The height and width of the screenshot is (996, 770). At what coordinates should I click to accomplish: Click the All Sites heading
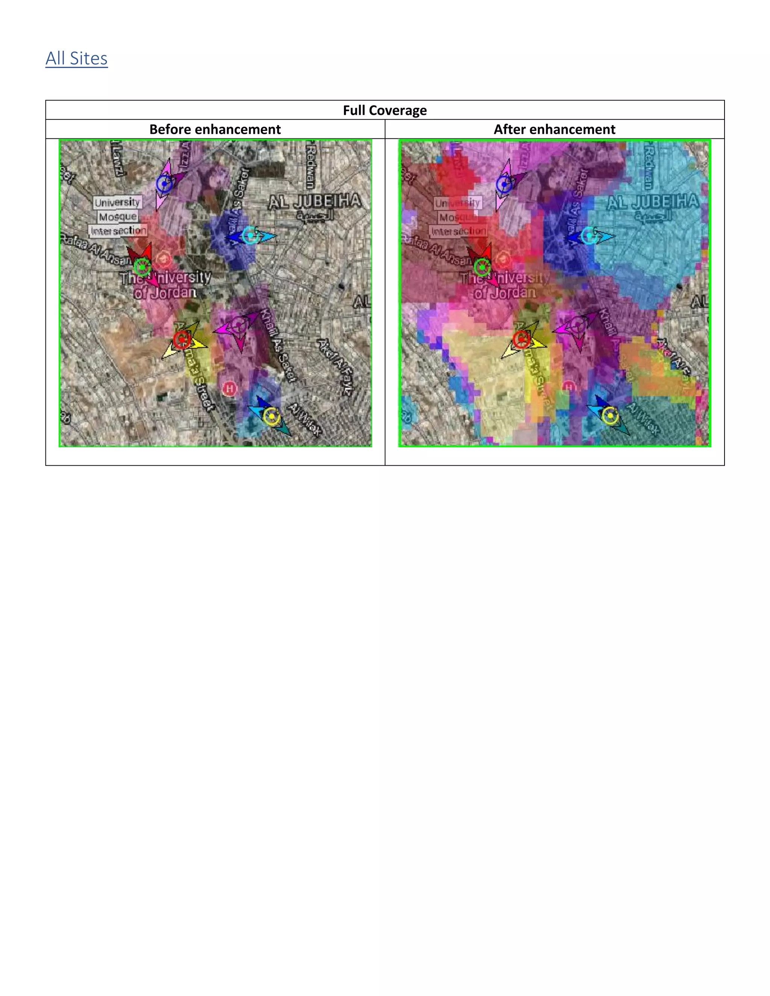pos(77,58)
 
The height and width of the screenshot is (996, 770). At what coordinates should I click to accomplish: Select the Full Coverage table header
pos(385,110)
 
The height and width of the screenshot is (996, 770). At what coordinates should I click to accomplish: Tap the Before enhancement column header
pos(215,130)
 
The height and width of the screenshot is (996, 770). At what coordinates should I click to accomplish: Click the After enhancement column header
pos(554,130)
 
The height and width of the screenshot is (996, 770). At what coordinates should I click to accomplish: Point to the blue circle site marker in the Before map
pos(164,184)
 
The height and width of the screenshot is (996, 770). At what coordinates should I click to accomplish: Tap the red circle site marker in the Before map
pos(182,340)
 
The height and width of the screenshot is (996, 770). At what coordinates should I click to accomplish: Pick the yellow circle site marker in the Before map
pos(272,416)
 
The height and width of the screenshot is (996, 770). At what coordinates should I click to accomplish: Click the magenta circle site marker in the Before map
pos(238,325)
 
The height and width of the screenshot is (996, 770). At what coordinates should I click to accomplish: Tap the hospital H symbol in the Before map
pos(229,389)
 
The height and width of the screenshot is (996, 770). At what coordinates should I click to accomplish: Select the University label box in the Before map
pos(117,202)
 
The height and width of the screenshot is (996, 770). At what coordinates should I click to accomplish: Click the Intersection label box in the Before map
pos(118,231)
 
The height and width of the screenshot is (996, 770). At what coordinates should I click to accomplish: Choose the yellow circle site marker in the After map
pos(610,415)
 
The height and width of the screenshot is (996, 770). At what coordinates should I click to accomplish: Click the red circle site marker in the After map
pos(521,340)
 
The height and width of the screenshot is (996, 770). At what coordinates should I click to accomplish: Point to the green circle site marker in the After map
pos(482,267)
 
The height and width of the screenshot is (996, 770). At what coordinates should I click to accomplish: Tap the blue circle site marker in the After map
pos(505,184)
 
